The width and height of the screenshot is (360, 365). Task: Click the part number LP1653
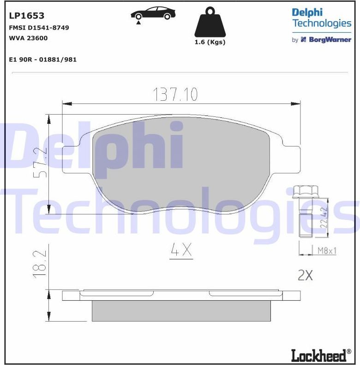coord(27,16)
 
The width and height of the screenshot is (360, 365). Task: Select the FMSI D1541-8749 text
coord(39,28)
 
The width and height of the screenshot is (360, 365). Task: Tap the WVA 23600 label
coord(28,38)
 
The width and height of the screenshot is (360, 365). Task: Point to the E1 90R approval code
coord(43,60)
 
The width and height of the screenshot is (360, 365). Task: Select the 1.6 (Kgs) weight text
coord(210,42)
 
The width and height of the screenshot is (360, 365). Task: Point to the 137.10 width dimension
coord(175,95)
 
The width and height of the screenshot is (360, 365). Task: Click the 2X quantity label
coord(305,276)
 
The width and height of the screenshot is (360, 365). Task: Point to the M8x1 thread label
coord(327,251)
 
